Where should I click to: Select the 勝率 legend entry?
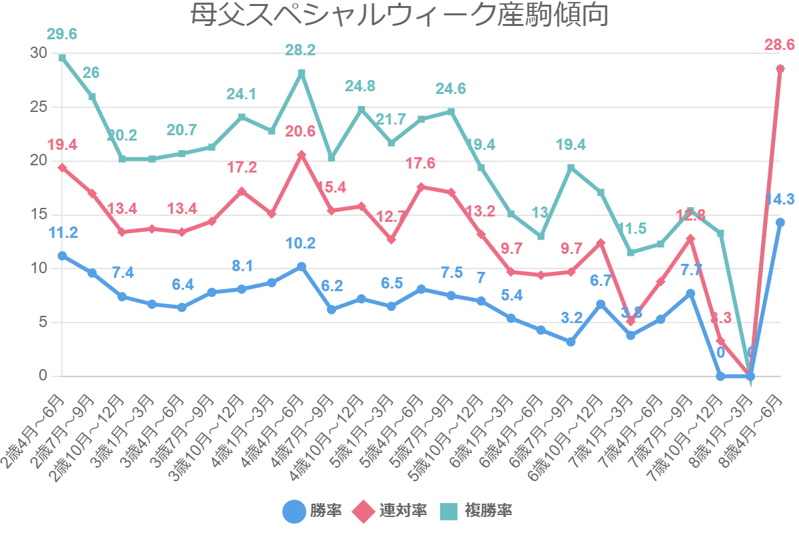coord(312,512)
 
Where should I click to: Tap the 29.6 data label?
coord(62,34)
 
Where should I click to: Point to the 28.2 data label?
coord(301,49)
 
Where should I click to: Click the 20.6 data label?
coord(300,132)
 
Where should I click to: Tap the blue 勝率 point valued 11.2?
coord(62,256)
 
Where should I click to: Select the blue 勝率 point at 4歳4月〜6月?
coord(301,266)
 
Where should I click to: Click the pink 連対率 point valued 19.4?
coord(62,167)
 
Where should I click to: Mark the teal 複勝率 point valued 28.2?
coord(301,73)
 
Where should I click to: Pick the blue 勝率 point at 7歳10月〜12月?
coord(720,376)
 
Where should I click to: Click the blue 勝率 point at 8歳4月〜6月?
coord(780,223)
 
